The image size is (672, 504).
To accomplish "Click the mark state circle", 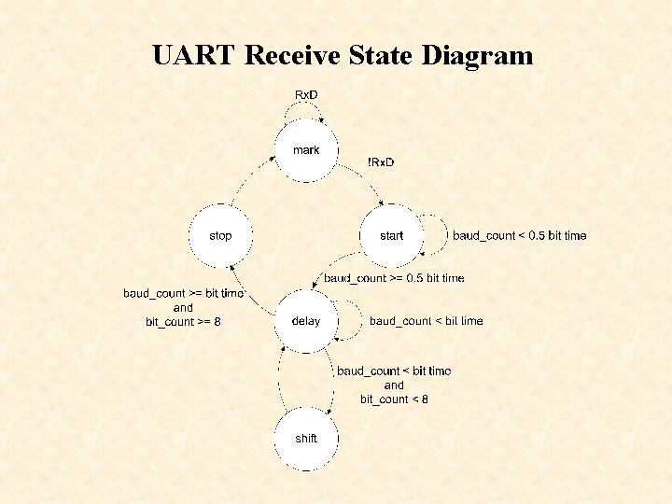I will click(x=305, y=151).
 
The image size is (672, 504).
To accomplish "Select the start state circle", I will click(x=391, y=236).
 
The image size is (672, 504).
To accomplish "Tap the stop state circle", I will click(x=220, y=236).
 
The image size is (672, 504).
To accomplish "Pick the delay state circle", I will click(x=305, y=321).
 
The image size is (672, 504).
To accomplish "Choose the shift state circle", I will click(x=305, y=439).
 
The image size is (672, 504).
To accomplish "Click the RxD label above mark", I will click(x=306, y=95).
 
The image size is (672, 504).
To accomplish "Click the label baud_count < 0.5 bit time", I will click(x=520, y=236).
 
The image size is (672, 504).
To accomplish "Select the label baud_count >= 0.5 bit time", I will click(x=394, y=278).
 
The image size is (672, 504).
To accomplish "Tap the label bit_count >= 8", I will click(x=183, y=322).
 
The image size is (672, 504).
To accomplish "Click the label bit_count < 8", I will click(x=394, y=399).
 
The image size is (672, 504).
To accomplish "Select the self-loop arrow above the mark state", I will click(x=306, y=110).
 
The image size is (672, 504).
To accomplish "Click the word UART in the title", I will click(x=193, y=56).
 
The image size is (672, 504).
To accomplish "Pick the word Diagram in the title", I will click(x=477, y=56).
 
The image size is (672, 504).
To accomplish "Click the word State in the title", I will click(x=380, y=56).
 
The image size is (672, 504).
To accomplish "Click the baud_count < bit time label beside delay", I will click(x=426, y=321).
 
